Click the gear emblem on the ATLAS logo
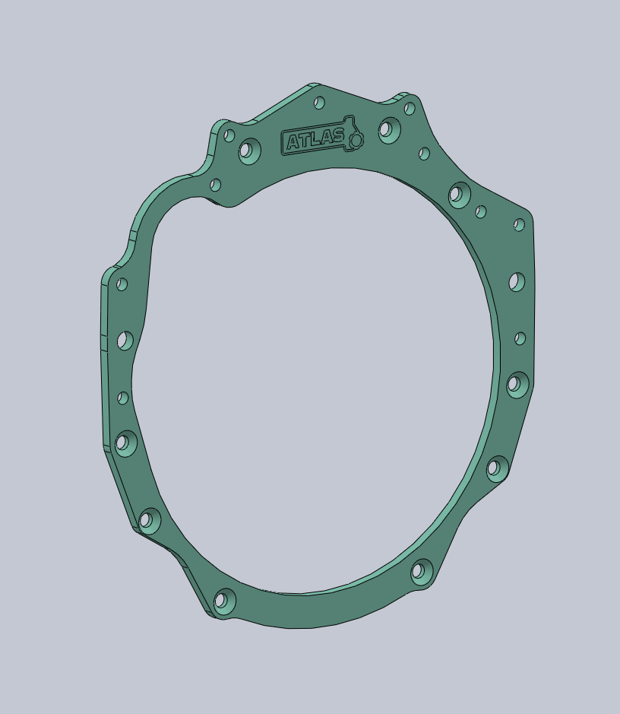(355, 139)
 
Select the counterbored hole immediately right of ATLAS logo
(388, 130)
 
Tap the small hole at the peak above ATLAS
(319, 103)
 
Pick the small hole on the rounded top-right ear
(410, 109)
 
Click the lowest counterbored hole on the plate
(223, 601)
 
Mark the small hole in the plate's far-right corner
(519, 225)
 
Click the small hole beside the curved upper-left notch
(215, 185)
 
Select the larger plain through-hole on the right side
(516, 283)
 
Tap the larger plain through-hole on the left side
(125, 341)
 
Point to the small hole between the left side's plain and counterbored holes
(123, 398)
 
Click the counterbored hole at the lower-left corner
(149, 521)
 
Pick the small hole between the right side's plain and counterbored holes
(520, 338)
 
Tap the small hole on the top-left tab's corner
(229, 135)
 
